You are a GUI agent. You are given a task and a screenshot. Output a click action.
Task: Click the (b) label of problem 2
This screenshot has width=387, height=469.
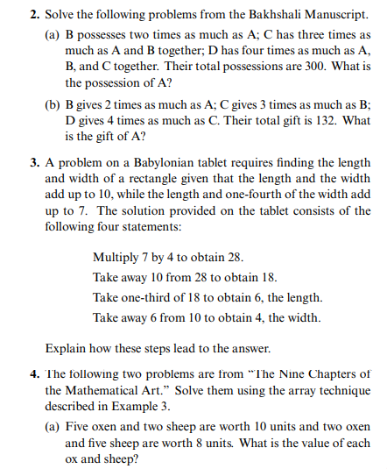tap(53, 104)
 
